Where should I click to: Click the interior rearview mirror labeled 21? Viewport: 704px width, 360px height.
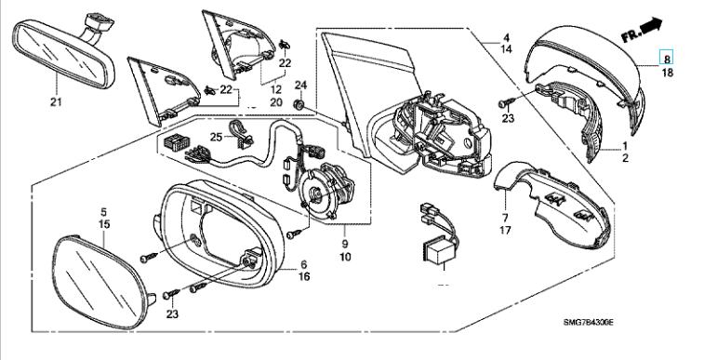[63, 54]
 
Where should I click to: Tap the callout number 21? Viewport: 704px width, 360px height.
[56, 102]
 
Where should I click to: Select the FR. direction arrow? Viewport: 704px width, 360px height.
[642, 30]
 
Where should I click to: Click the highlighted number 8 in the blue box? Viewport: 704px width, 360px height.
[667, 59]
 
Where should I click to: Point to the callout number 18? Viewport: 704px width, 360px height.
[668, 73]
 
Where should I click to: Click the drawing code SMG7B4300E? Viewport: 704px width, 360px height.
[589, 322]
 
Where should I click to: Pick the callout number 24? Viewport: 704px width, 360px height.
[300, 86]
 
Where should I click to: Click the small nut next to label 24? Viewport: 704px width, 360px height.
[299, 104]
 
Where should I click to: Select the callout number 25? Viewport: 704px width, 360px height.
[217, 137]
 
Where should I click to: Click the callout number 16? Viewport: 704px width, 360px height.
[304, 276]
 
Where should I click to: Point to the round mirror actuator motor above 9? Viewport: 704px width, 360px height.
[326, 192]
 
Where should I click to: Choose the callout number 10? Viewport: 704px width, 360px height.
[345, 257]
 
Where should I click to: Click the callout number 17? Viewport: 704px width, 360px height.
[505, 231]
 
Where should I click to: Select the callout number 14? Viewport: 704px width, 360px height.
[506, 49]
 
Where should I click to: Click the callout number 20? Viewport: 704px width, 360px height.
[276, 102]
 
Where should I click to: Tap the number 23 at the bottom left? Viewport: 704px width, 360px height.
[172, 314]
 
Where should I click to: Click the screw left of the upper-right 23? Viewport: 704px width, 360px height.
[504, 103]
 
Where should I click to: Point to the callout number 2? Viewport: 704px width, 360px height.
[626, 158]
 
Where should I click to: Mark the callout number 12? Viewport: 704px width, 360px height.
[276, 90]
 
